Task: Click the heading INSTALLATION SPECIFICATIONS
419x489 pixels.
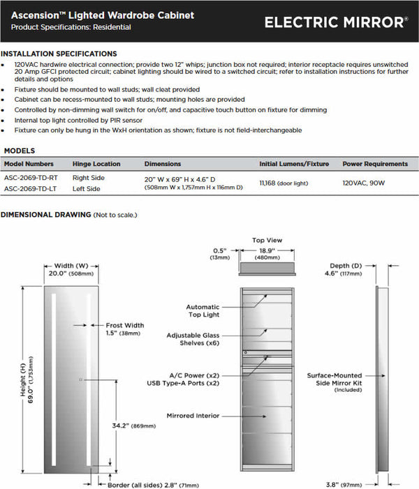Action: click(x=59, y=54)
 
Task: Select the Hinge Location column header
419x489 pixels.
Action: click(x=96, y=164)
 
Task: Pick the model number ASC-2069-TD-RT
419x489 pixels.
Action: click(x=31, y=179)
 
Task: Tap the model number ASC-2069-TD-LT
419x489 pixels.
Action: click(x=31, y=188)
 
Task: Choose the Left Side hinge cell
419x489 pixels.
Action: click(x=87, y=188)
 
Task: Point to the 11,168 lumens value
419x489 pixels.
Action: click(x=267, y=183)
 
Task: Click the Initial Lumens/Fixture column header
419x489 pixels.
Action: click(x=293, y=164)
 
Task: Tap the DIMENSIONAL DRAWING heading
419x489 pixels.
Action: click(x=45, y=215)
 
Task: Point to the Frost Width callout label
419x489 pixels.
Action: click(x=124, y=325)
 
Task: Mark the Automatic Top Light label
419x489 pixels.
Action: click(x=203, y=310)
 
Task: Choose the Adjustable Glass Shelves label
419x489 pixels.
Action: click(x=193, y=339)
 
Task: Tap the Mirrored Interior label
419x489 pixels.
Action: click(x=193, y=416)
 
